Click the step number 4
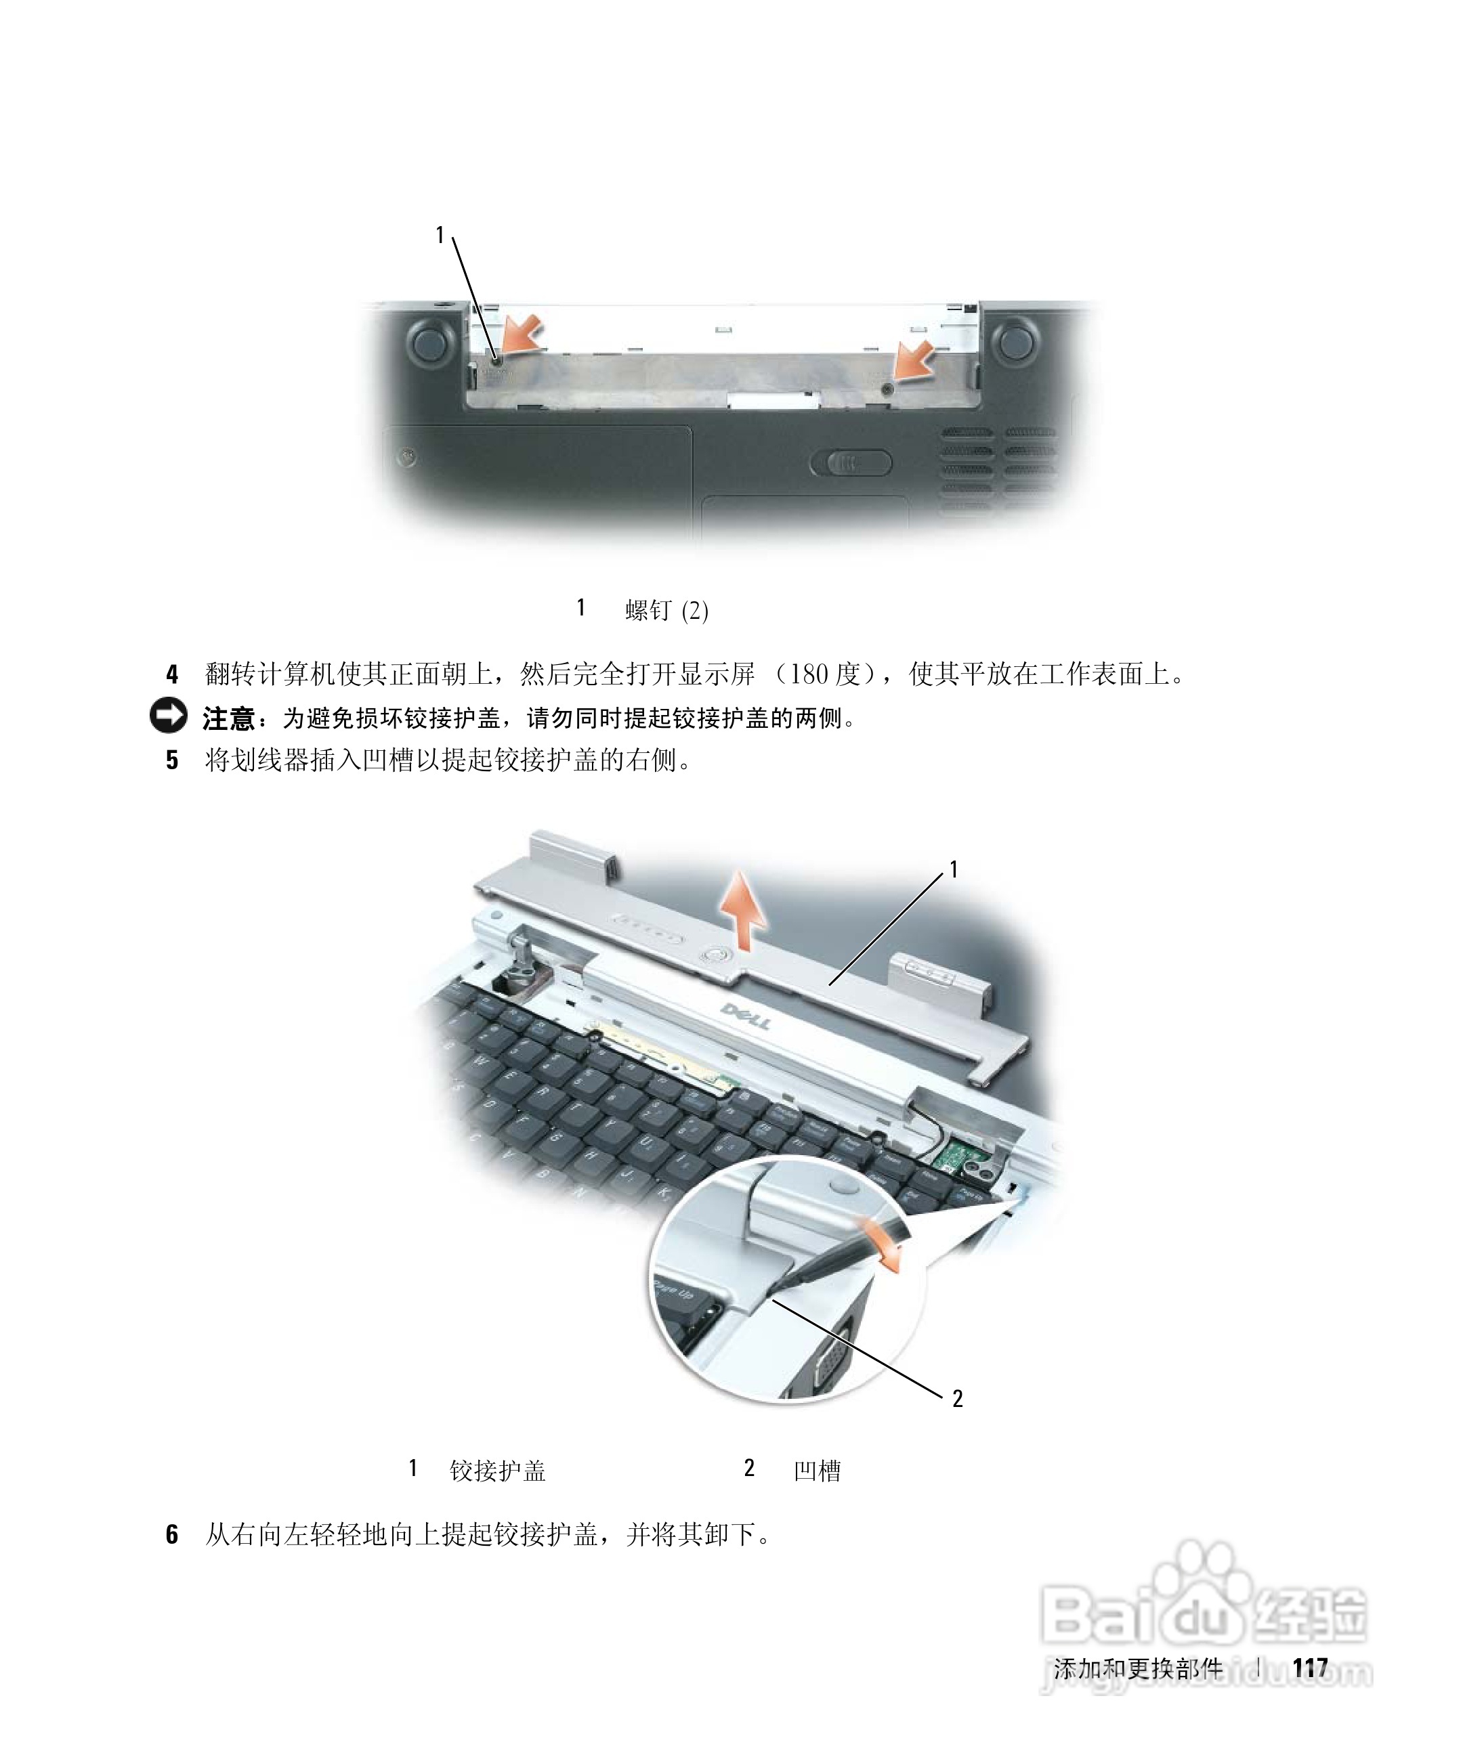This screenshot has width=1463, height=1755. (172, 674)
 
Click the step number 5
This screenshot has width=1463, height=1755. (172, 760)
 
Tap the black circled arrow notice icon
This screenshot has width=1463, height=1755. (168, 716)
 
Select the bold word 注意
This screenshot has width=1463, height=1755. (228, 718)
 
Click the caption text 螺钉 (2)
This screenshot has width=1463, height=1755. (666, 611)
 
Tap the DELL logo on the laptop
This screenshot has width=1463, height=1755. (746, 1016)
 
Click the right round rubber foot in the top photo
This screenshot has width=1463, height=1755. (1014, 339)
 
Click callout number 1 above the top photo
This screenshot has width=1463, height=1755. (440, 236)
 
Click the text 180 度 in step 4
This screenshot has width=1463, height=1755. (824, 674)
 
